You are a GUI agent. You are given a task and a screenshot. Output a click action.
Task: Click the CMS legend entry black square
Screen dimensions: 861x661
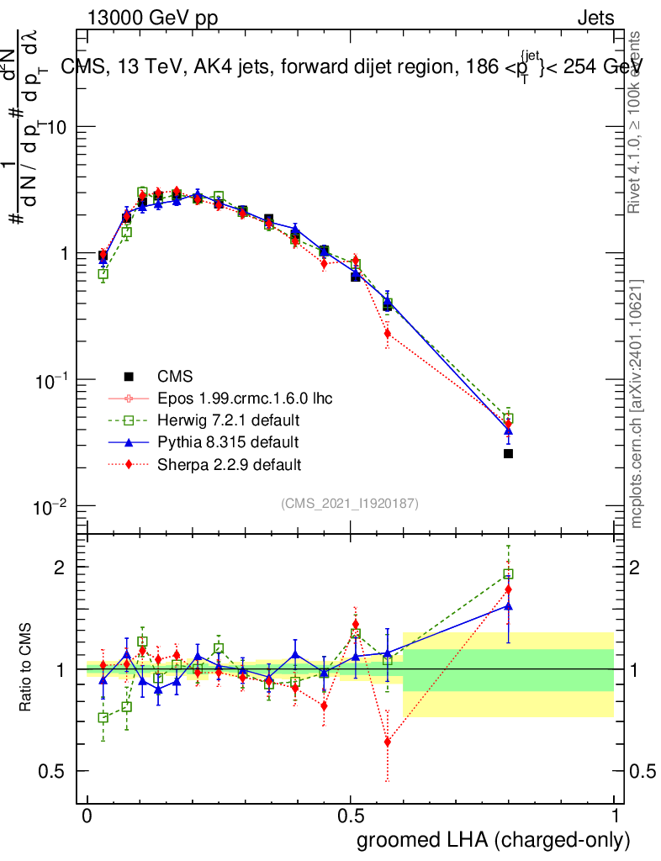point(129,376)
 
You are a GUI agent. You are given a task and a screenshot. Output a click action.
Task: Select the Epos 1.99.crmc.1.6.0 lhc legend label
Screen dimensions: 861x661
point(245,398)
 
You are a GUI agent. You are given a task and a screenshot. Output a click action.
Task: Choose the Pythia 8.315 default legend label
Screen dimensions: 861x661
point(227,441)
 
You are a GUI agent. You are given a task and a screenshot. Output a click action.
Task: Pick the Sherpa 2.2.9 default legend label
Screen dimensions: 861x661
point(230,463)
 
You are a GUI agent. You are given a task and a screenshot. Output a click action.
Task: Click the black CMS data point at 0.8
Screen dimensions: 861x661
point(508,453)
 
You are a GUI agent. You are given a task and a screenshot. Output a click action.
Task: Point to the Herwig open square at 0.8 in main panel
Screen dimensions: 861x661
point(508,418)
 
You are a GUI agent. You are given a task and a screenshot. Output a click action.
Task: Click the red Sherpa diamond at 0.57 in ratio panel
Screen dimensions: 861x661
point(388,742)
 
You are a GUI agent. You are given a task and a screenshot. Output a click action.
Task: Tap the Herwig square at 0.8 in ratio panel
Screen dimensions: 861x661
point(508,574)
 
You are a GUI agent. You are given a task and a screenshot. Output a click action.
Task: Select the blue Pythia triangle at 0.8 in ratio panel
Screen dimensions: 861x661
point(508,605)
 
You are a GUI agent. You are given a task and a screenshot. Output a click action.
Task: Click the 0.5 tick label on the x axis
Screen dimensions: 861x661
point(351,816)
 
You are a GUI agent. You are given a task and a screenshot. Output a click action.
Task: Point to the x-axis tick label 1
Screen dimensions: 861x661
point(614,816)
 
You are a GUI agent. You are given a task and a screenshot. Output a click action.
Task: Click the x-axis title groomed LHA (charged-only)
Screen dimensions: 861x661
point(494,840)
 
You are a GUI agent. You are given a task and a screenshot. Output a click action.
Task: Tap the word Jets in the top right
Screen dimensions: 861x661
point(595,18)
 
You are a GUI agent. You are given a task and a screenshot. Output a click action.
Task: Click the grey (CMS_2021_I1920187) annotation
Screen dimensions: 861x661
point(350,503)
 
